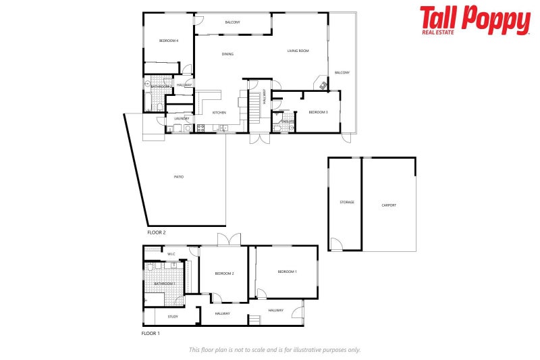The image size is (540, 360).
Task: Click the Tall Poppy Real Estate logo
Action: click(475, 20)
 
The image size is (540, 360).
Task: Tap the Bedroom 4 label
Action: click(169, 41)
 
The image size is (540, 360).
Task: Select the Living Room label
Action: click(298, 51)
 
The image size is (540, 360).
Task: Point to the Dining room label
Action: click(227, 54)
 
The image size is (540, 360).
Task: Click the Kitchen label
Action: click(219, 112)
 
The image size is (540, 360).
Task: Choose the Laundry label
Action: click(181, 119)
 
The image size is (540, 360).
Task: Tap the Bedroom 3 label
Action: click(318, 112)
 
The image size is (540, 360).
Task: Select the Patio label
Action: click(178, 177)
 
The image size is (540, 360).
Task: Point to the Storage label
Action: click(347, 202)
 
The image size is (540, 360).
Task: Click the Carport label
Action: click(389, 205)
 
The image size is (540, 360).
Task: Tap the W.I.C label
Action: click(171, 254)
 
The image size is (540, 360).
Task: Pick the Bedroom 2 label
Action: click(224, 273)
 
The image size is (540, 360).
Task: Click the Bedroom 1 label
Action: click(287, 272)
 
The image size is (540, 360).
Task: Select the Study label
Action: click(173, 316)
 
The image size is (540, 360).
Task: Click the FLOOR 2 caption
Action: click(157, 232)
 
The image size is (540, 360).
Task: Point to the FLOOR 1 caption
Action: click(151, 334)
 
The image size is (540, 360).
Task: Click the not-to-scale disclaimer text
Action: click(274, 350)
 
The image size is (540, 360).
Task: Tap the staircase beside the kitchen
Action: click(254, 106)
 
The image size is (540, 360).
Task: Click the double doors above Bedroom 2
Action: click(229, 240)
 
